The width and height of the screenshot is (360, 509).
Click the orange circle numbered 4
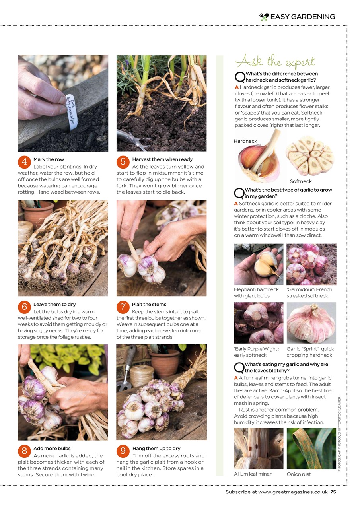coord(24,162)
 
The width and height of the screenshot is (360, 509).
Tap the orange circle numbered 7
coord(123,307)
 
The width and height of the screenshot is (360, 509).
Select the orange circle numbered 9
coord(123,451)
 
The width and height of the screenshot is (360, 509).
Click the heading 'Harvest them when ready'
coord(162,159)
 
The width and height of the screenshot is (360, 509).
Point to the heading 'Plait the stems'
coord(149,305)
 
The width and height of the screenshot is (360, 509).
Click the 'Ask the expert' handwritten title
coord(275,62)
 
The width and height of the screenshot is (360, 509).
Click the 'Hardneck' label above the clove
coord(245,141)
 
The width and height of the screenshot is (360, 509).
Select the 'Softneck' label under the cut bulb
coord(301,181)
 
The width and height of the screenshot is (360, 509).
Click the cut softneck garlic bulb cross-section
coord(310,156)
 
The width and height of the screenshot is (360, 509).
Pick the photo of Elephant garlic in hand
coord(259,264)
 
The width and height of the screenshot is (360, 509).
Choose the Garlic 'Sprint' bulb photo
coord(311,323)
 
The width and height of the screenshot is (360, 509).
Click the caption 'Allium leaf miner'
coord(253,474)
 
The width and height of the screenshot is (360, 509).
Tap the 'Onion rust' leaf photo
coord(311,448)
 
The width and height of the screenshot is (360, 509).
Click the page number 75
coord(333,492)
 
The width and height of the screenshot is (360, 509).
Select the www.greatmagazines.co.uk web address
coord(293,492)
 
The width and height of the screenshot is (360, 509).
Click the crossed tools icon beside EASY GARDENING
coord(264,17)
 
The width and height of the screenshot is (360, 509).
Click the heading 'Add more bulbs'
coord(52,449)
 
